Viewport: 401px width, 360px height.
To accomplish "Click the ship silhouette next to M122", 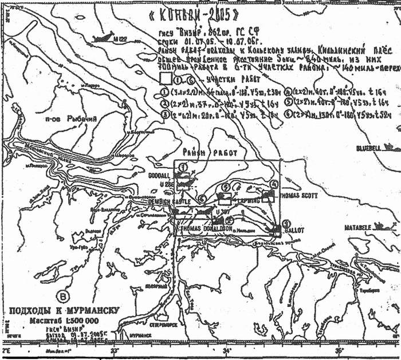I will click(102, 39).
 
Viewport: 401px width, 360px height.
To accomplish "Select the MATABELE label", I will click(359, 228).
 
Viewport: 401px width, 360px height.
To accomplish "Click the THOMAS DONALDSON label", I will click(207, 228).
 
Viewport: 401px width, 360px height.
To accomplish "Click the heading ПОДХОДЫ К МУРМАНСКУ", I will click(64, 311).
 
